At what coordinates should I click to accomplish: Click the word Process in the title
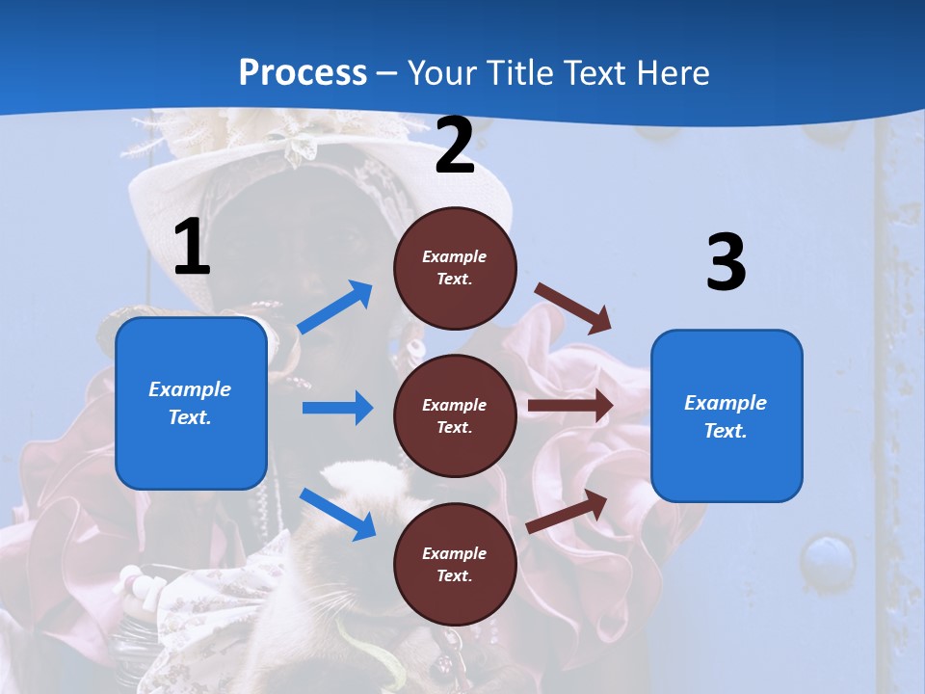pyautogui.click(x=303, y=72)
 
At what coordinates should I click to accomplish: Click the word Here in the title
pyautogui.click(x=667, y=72)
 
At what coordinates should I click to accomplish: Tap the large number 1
pyautogui.click(x=192, y=248)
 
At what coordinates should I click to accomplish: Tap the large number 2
pyautogui.click(x=455, y=147)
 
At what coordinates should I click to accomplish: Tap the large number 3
pyautogui.click(x=726, y=262)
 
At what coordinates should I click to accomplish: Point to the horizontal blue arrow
pyautogui.click(x=337, y=408)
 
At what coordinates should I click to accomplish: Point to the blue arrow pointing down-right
pyautogui.click(x=338, y=514)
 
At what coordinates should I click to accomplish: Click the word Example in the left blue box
pyautogui.click(x=190, y=389)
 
